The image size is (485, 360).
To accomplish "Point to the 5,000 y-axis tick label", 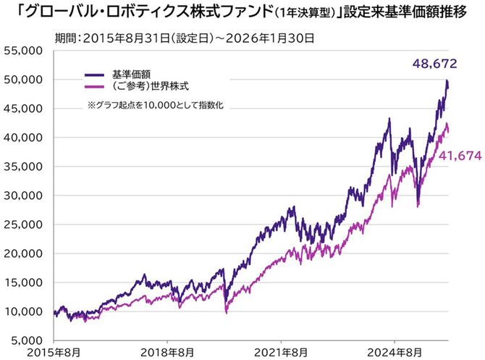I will [26, 340].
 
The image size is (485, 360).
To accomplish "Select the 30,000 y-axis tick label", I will [23, 195].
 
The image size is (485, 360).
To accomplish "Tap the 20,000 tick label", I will [23, 253].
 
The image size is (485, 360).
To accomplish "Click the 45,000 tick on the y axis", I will [23, 108].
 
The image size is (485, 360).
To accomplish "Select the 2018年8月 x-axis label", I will [166, 353].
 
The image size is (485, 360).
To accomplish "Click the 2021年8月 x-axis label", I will [281, 353].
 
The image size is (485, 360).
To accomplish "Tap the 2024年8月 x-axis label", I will [395, 353].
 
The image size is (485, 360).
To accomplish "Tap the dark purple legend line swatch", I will [95, 74].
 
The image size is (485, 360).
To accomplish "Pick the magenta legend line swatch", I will [95, 86].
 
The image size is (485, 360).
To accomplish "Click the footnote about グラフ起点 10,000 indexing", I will [155, 106].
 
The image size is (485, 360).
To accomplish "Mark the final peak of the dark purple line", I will [447, 80].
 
